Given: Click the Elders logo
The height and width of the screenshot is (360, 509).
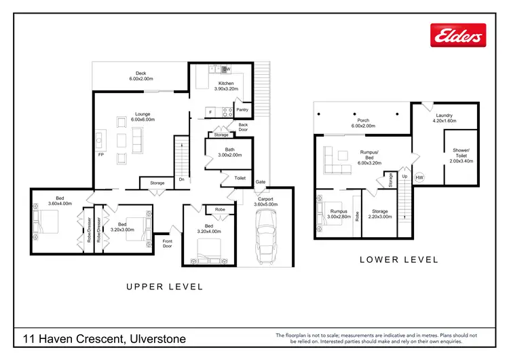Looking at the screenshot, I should point(460,35).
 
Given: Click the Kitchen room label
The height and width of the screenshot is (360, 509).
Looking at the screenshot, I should point(226,86).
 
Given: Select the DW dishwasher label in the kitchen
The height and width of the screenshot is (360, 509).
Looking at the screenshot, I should point(227,69).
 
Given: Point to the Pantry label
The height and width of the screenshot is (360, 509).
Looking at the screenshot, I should point(242,110).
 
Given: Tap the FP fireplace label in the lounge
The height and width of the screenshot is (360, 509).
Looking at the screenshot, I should point(100,155).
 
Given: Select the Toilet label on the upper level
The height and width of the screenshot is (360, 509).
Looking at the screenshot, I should point(240,178).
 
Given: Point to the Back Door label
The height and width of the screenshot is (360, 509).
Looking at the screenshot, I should point(243,127).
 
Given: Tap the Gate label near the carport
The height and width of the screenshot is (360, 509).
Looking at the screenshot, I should point(260,182).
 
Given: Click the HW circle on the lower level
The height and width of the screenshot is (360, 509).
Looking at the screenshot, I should point(419,178).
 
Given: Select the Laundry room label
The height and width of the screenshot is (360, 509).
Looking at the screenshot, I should point(445,118).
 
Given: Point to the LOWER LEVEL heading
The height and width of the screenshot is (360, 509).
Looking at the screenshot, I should point(398,259).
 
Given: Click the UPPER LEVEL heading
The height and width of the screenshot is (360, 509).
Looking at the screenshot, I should point(165,287).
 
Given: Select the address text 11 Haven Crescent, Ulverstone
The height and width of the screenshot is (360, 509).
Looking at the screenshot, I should point(103,338).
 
